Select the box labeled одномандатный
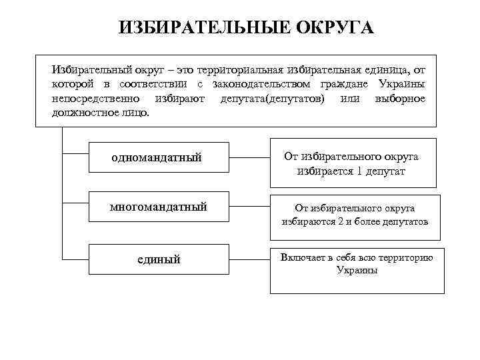tap(155, 157)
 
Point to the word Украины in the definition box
tap(401, 84)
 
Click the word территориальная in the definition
tap(247, 70)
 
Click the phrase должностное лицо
tap(101, 112)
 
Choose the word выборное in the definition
tap(400, 98)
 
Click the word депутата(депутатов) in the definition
tap(273, 98)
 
